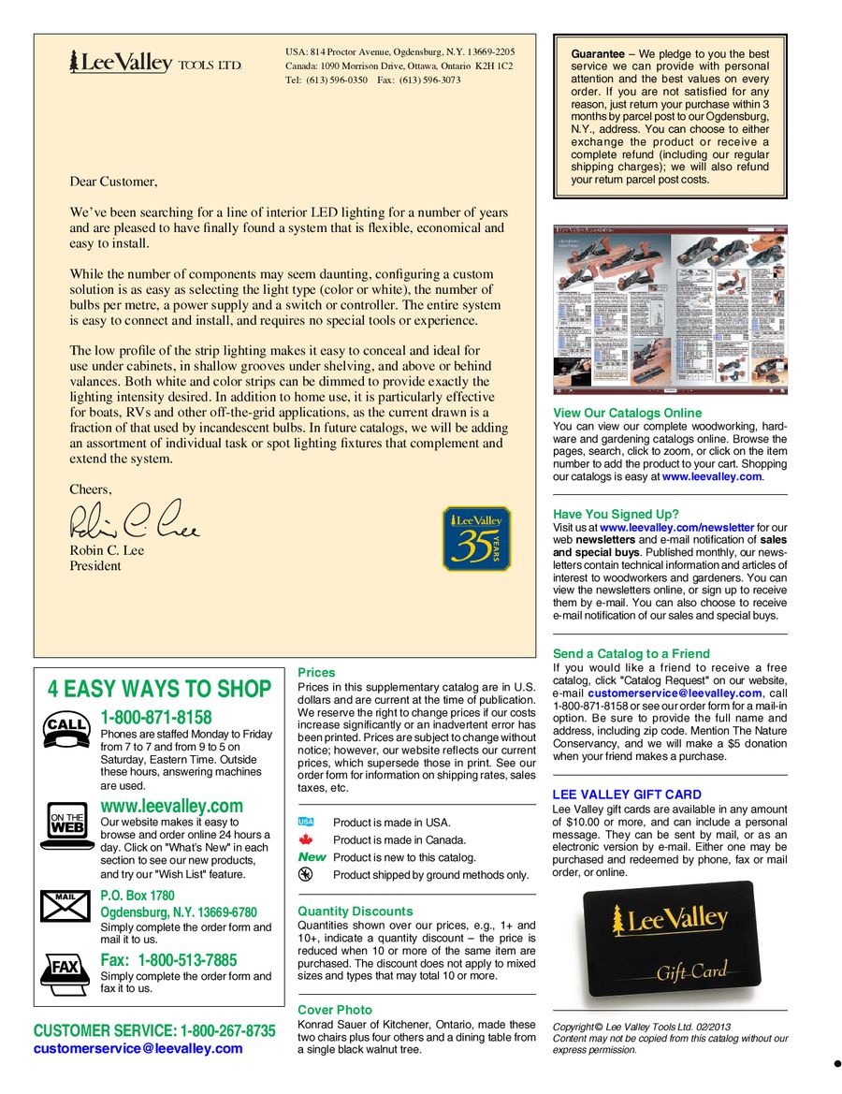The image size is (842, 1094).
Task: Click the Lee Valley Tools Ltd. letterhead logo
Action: click(x=155, y=63)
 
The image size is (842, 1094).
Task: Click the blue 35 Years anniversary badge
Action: click(x=476, y=539)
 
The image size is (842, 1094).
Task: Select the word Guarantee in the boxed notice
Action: click(x=598, y=54)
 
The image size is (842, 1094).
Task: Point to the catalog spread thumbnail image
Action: click(x=670, y=309)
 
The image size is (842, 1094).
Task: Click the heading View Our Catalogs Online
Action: click(x=627, y=413)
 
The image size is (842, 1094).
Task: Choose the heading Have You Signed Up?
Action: click(x=616, y=514)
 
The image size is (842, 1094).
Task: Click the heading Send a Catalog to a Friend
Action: click(x=631, y=653)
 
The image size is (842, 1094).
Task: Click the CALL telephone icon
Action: click(x=65, y=729)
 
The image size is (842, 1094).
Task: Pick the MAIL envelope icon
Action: click(x=65, y=905)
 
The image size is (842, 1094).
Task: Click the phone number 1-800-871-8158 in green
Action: click(x=156, y=718)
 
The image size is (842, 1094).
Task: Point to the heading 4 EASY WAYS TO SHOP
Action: click(x=159, y=690)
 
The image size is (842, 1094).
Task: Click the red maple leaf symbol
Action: click(x=305, y=839)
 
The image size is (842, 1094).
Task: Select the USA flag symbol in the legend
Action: click(x=306, y=822)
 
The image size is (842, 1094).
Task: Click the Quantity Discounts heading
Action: click(x=355, y=911)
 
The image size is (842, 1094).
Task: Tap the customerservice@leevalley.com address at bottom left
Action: click(x=138, y=1048)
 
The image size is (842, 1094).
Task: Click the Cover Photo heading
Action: click(x=335, y=1010)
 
